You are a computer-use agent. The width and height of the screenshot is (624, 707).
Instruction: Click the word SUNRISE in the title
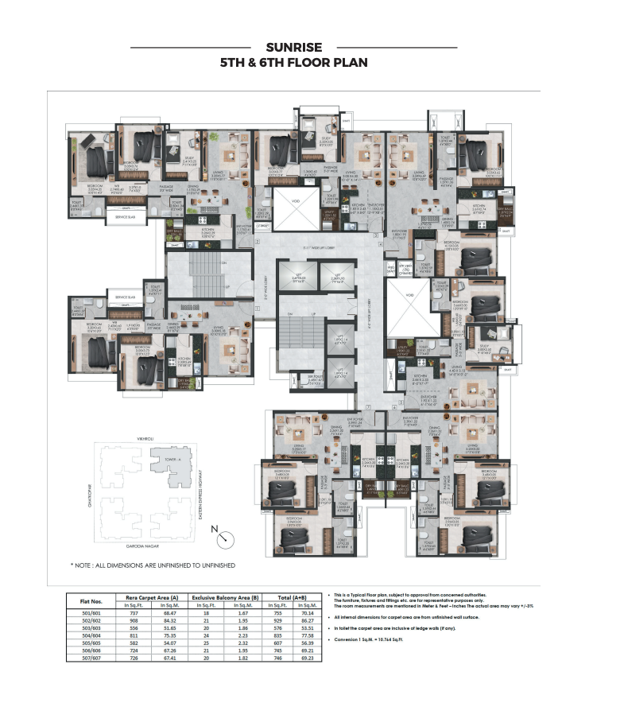pos(293,48)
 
